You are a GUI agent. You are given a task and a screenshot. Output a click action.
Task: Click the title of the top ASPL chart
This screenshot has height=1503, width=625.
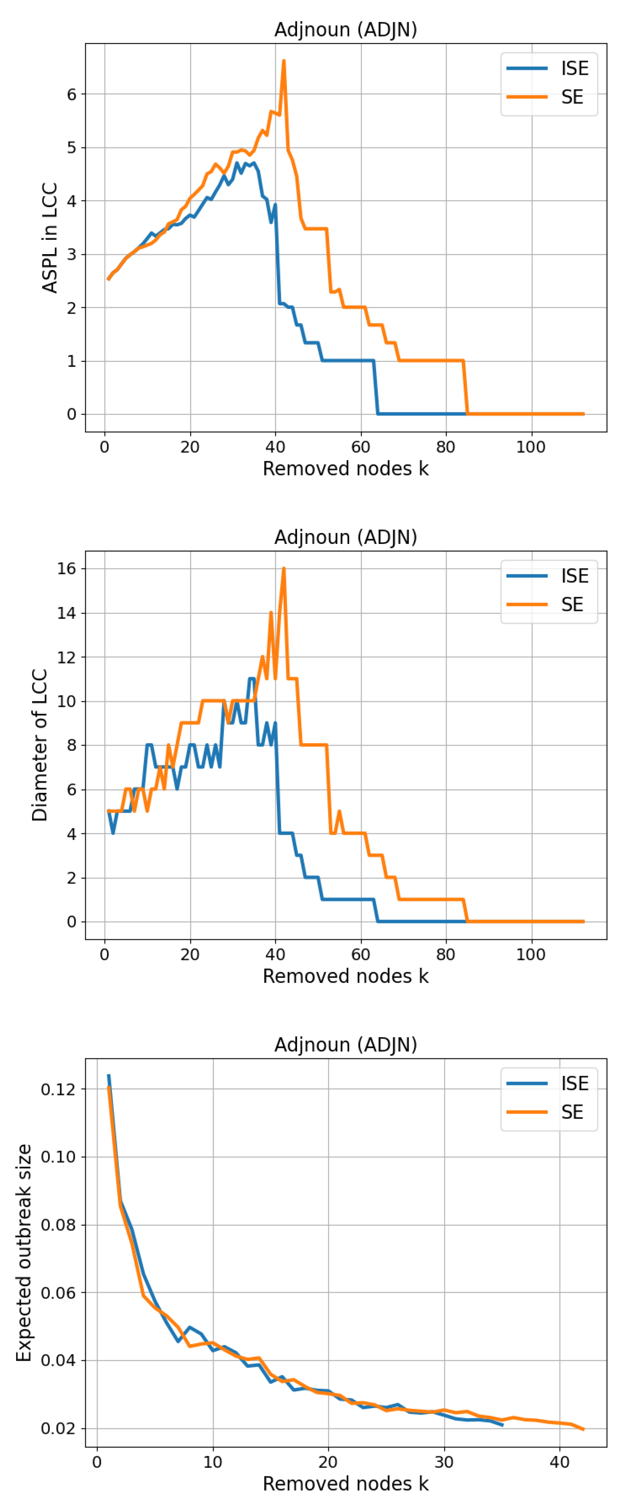pos(345,29)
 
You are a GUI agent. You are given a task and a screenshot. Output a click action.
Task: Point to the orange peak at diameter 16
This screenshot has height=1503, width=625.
pos(284,569)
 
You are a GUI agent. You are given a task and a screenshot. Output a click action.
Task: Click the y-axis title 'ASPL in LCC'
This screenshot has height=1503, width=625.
pos(50,237)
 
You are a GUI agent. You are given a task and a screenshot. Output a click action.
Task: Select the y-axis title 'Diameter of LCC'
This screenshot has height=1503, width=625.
pos(40,745)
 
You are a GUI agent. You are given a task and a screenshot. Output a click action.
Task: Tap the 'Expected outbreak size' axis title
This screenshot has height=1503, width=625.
pos(23,1253)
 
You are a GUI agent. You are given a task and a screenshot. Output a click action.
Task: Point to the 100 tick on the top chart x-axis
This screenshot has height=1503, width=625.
pos(531,448)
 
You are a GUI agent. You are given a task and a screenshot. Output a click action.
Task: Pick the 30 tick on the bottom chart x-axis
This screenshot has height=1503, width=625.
pos(444,1462)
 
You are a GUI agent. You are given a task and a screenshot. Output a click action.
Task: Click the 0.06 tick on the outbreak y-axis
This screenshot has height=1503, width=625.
pos(58,1292)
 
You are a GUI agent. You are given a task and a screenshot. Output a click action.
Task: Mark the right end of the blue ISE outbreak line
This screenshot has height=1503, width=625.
pos(502,1425)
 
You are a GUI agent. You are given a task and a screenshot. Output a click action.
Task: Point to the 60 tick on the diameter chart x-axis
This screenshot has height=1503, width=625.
pos(361,955)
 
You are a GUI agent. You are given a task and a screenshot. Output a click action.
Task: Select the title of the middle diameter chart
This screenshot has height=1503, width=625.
pos(345,537)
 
